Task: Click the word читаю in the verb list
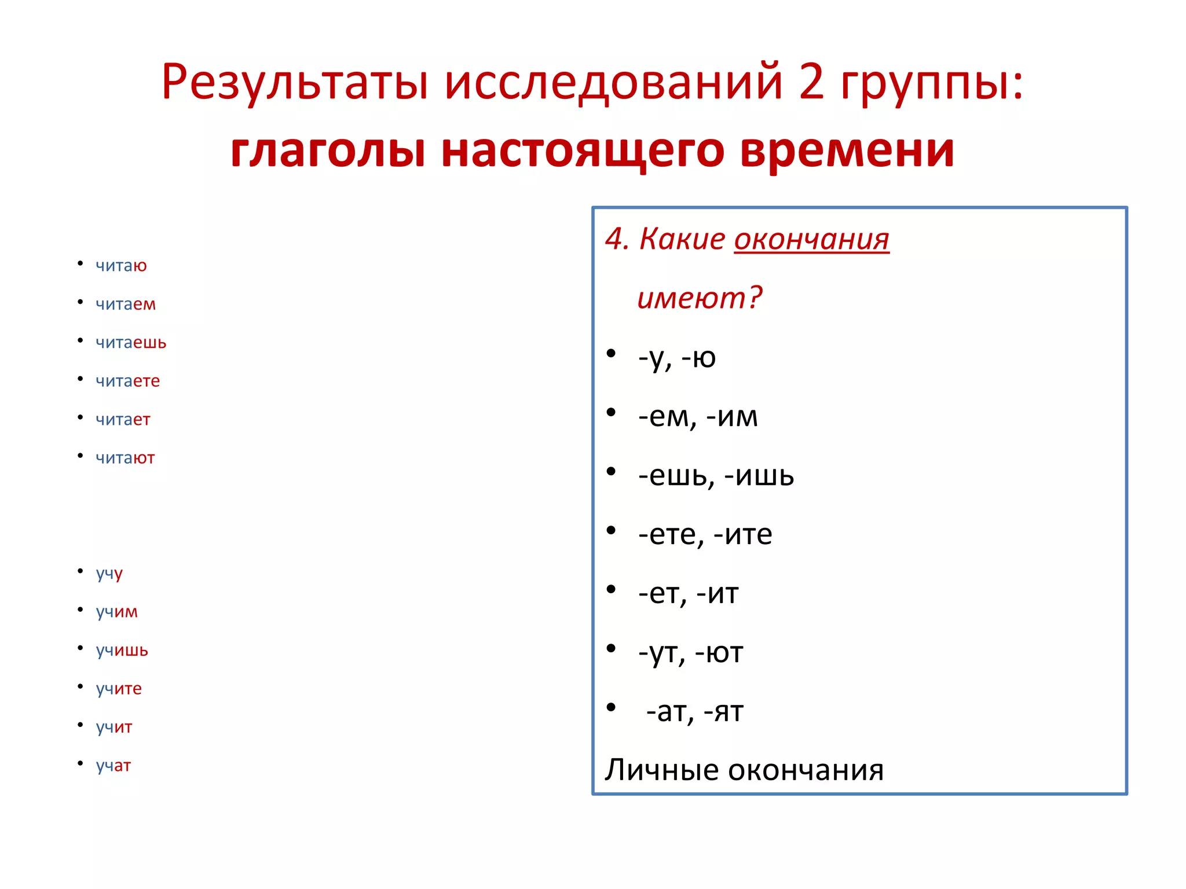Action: [121, 266]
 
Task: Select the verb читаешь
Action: [131, 343]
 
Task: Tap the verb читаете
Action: [127, 381]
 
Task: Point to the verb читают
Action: [125, 458]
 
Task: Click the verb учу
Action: [109, 574]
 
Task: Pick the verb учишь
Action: [122, 651]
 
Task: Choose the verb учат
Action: [114, 766]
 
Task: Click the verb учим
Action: [117, 612]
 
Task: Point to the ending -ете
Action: [671, 534]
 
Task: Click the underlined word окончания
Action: [811, 240]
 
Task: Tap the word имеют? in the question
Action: [700, 298]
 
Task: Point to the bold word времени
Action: [847, 150]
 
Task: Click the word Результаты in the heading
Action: [295, 82]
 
